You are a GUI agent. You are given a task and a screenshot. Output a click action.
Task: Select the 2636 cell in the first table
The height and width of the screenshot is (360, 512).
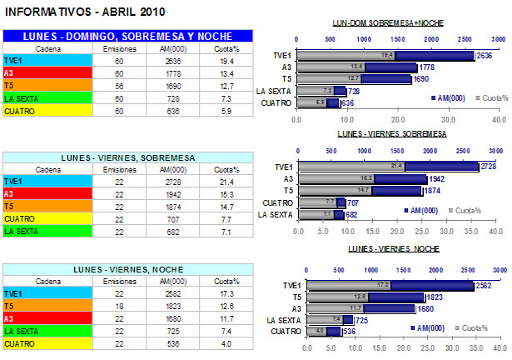167,61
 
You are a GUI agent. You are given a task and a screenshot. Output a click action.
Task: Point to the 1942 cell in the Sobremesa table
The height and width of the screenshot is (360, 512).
167,194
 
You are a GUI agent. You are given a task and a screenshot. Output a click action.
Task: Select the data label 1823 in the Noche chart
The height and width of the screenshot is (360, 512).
434,297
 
